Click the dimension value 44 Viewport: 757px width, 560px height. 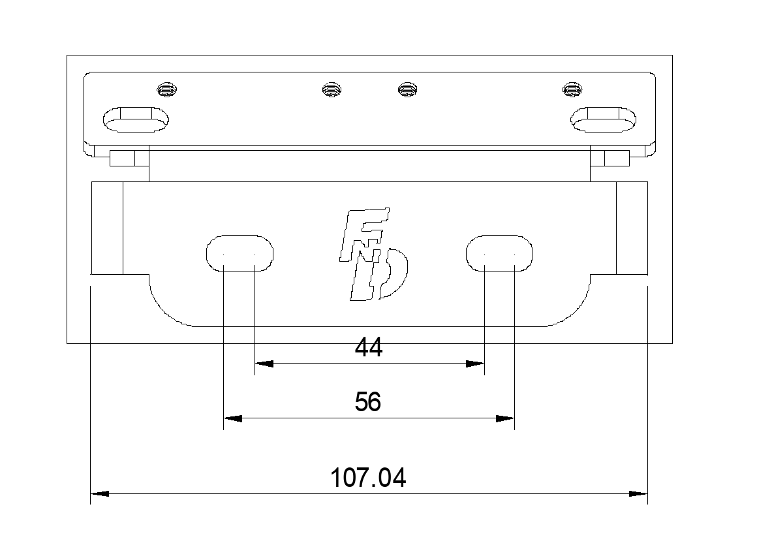point(368,347)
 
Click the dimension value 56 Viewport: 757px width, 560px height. point(368,401)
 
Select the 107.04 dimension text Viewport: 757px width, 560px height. point(368,478)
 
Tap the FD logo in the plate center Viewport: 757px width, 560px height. point(374,254)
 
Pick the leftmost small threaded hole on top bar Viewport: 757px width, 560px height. point(167,89)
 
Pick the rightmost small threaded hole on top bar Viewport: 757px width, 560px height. point(572,89)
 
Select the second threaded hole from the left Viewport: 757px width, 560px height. point(332,89)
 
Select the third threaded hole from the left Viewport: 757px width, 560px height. point(407,89)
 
